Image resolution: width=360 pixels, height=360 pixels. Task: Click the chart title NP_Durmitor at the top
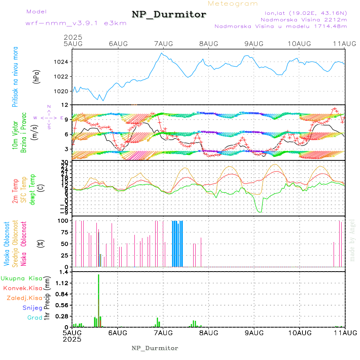[x=169, y=15]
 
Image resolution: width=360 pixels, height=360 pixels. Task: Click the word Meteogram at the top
[x=233, y=4]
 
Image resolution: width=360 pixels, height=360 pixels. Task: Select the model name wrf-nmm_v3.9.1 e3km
[x=76, y=23]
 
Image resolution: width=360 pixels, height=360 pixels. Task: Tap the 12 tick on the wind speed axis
[x=66, y=105]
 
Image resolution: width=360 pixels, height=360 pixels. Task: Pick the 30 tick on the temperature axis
[x=66, y=161]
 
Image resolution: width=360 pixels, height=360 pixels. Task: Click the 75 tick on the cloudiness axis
[x=65, y=232]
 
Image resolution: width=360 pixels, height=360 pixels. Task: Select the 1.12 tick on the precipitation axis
[x=63, y=283]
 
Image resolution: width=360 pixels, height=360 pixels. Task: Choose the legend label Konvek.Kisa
[x=22, y=288]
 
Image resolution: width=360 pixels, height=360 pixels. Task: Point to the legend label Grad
[x=34, y=318]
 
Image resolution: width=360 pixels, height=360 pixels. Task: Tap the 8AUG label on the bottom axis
[x=208, y=333]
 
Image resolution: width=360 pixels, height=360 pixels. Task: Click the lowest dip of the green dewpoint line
[x=260, y=212]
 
